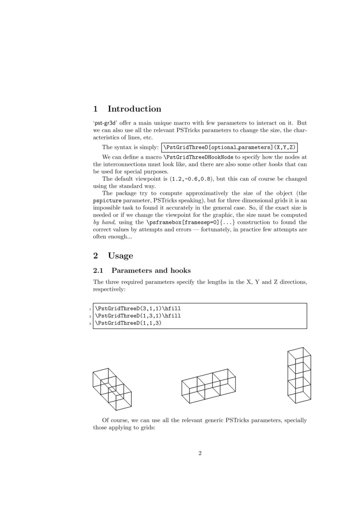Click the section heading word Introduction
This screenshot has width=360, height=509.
(134, 109)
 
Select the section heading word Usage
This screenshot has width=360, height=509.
(121, 256)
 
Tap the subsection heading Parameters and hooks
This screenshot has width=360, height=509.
(151, 271)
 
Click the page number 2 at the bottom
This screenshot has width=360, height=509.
(200, 453)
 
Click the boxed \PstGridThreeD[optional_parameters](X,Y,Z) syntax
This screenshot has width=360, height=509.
(229, 147)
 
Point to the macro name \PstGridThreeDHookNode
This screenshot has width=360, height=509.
(198, 157)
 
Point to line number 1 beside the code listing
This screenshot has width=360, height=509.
(90, 309)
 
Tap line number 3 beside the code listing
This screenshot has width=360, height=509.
(90, 323)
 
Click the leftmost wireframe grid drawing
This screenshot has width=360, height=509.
(112, 389)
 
